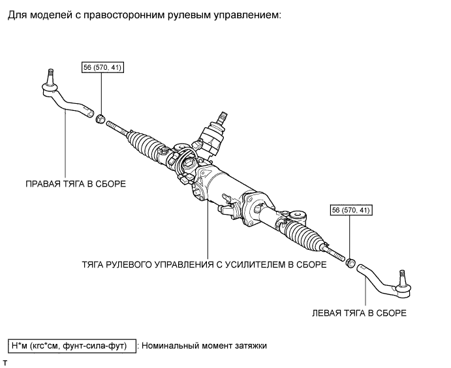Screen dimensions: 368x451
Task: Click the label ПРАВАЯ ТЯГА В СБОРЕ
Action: pos(75,184)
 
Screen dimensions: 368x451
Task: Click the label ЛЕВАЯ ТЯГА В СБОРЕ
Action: pos(359,313)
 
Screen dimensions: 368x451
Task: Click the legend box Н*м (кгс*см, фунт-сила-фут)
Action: pos(71,345)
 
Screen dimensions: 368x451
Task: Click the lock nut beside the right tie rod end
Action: pos(101,119)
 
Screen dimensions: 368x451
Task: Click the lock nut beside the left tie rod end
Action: pos(349,264)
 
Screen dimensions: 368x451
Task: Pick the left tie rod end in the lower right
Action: pos(385,277)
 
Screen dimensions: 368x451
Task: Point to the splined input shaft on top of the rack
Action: pos(221,118)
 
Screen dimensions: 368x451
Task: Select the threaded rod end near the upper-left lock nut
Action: pos(116,126)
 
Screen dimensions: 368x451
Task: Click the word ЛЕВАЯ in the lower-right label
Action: pos(327,313)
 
